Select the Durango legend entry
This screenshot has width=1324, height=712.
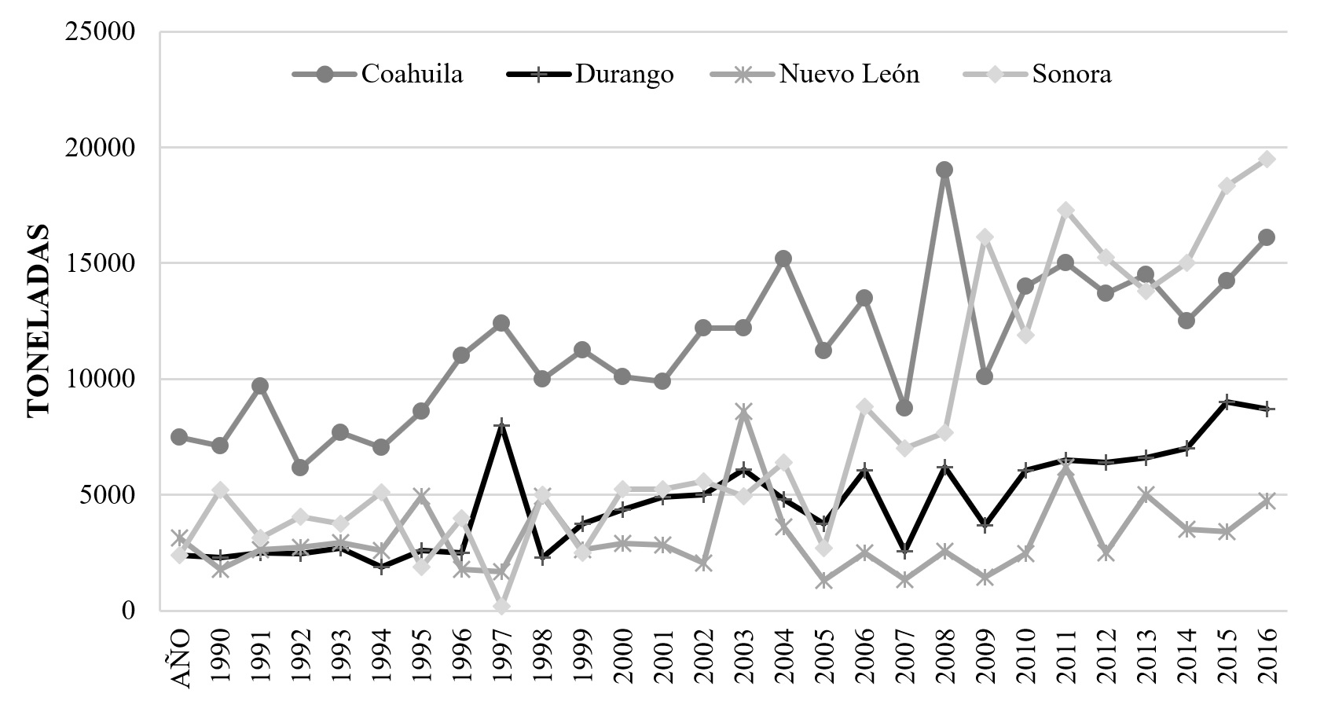click(591, 75)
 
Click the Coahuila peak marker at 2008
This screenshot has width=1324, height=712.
click(944, 170)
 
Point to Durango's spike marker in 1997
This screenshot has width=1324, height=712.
click(501, 425)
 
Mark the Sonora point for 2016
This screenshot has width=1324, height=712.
click(1267, 159)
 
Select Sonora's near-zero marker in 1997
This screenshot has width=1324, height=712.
click(501, 606)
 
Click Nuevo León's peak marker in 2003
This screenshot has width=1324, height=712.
click(743, 411)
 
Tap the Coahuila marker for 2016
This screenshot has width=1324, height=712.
click(1267, 237)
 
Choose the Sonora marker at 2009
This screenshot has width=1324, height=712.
click(985, 237)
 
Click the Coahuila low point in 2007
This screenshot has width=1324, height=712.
click(904, 408)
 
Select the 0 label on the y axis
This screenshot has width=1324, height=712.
click(128, 610)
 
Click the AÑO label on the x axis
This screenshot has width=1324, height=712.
click(180, 659)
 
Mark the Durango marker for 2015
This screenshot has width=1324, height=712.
click(1227, 402)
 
